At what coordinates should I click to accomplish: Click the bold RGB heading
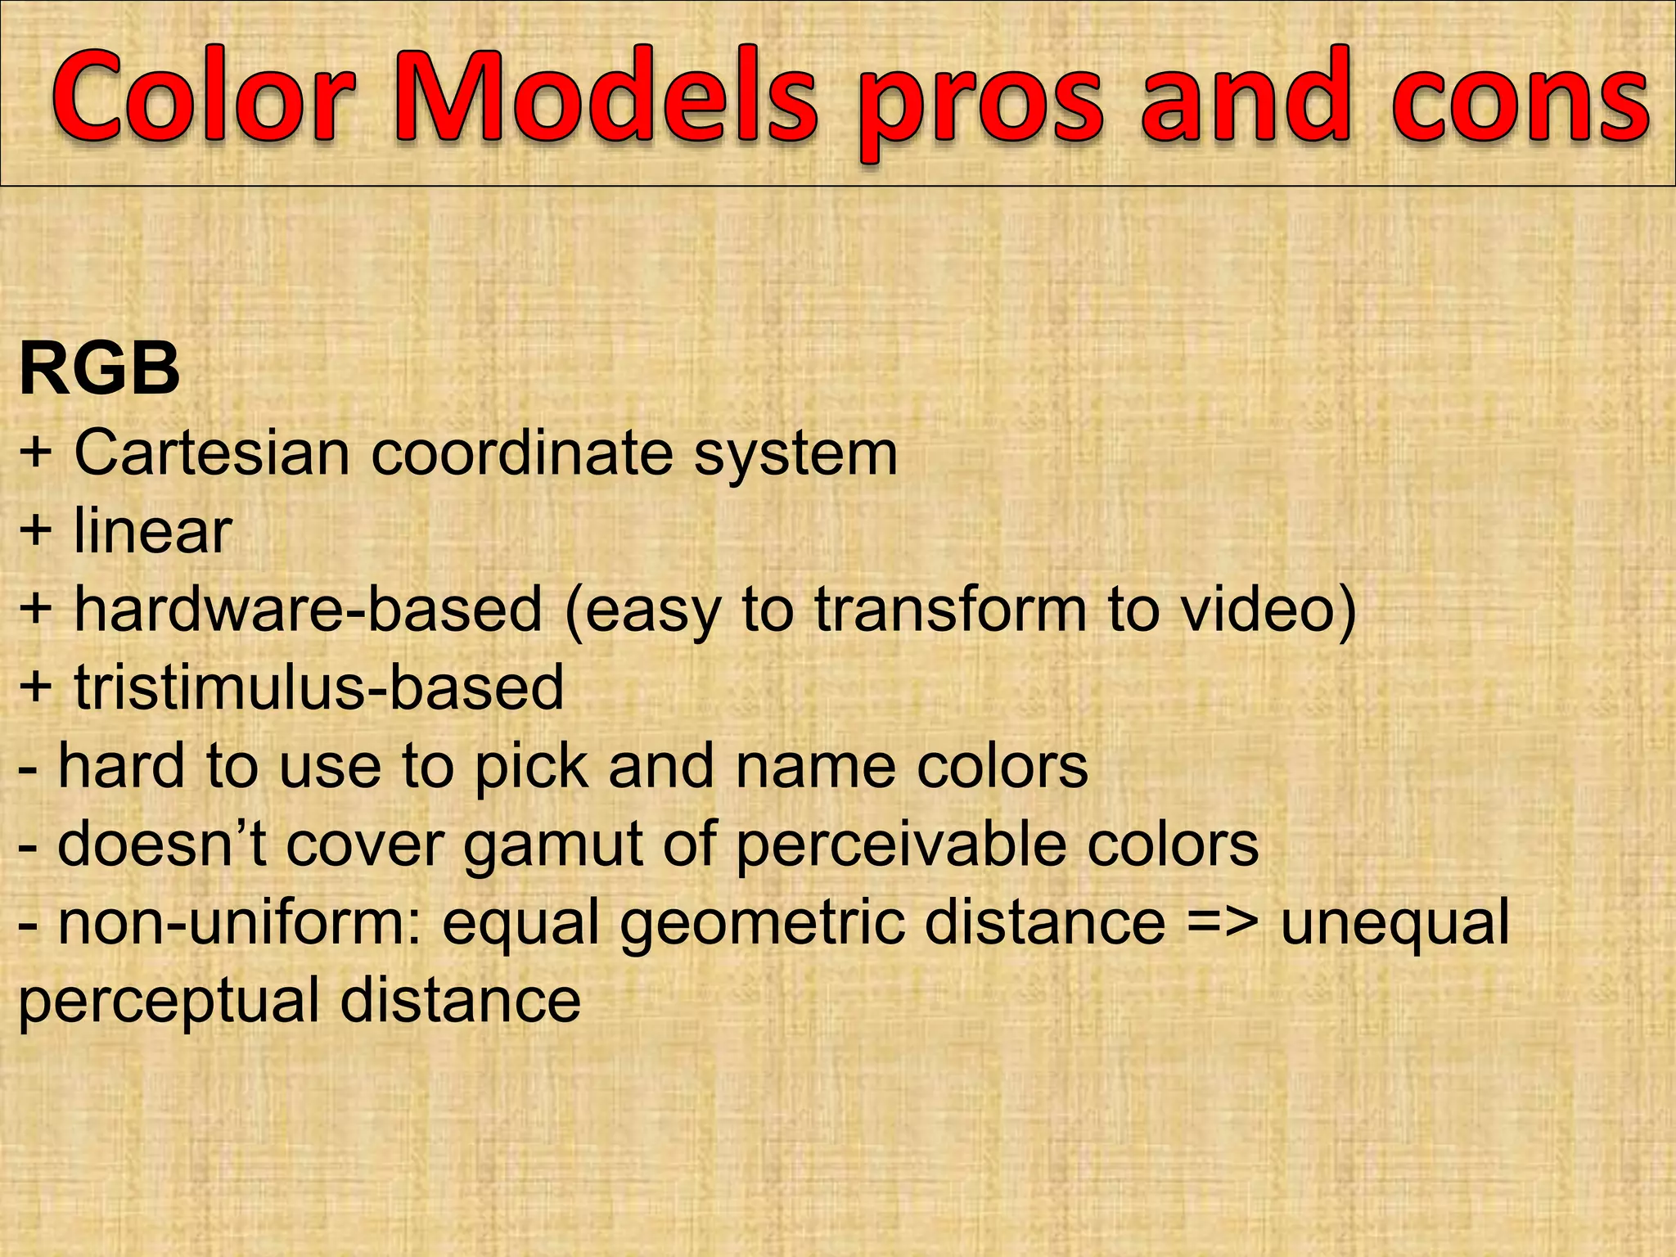click(x=99, y=370)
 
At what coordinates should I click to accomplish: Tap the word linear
click(x=153, y=530)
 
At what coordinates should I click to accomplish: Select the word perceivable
click(x=901, y=845)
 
